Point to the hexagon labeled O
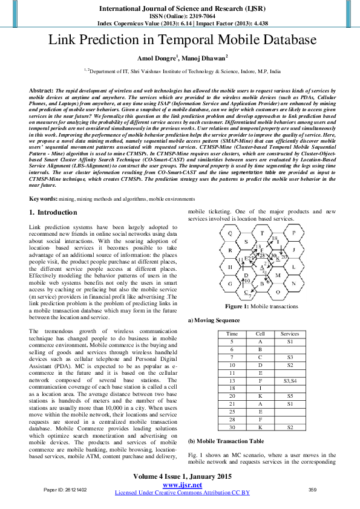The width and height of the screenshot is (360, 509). (x=278, y=291)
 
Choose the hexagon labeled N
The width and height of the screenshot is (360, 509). (x=294, y=283)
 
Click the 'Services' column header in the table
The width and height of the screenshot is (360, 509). (x=290, y=334)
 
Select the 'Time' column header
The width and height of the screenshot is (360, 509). (x=232, y=334)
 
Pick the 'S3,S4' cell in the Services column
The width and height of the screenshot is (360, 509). (x=290, y=381)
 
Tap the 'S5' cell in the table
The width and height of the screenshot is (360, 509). (x=290, y=397)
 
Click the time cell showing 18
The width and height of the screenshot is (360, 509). (x=232, y=389)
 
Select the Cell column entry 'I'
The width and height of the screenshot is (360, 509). (x=260, y=389)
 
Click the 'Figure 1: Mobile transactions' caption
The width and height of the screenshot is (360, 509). (x=262, y=306)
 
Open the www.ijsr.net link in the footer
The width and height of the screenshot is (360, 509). (x=182, y=485)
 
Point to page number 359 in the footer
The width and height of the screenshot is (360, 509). (x=313, y=490)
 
